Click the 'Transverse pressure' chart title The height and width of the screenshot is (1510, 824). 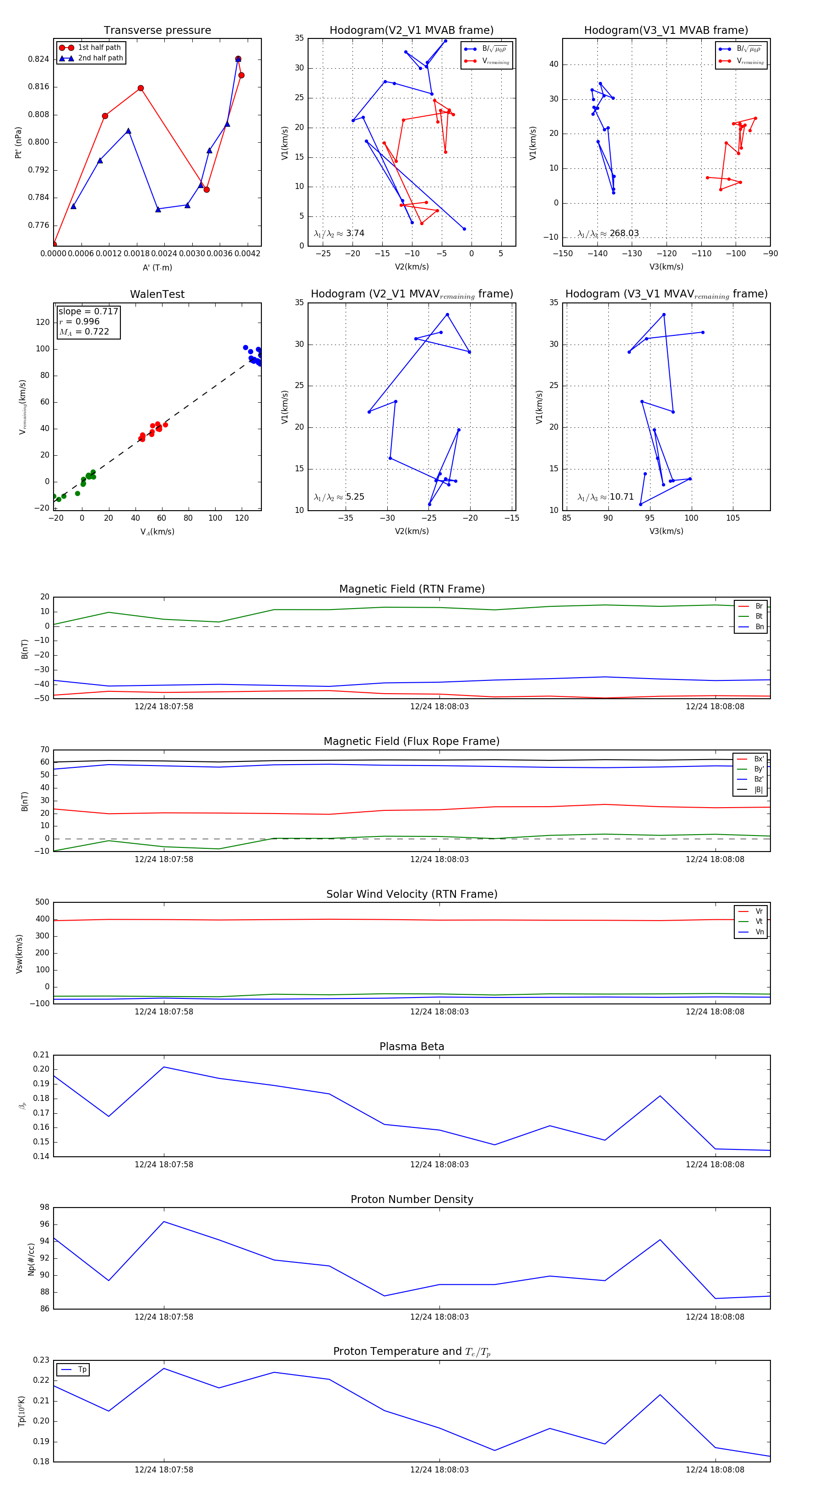point(157,31)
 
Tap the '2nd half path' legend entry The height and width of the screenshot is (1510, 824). point(100,58)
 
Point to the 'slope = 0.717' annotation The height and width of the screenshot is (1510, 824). point(88,311)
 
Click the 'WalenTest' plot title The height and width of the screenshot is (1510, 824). point(157,294)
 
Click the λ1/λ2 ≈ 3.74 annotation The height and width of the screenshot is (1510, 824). point(339,233)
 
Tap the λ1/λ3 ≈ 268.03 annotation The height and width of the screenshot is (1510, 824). point(608,233)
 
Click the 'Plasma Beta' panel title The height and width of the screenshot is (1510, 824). point(412,1047)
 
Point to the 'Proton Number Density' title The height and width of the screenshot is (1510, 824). point(412,1199)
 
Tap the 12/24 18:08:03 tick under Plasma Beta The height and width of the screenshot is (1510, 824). point(439,1164)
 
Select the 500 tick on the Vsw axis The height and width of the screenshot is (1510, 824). point(42,902)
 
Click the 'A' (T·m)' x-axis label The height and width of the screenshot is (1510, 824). point(157,267)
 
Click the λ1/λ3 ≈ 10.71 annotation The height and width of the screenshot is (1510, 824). point(606,497)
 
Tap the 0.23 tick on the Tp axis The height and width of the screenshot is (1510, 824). point(41,1360)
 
